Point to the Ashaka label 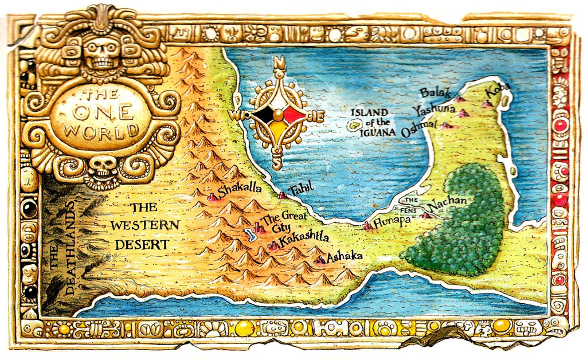pyautogui.click(x=344, y=256)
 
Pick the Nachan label pyautogui.click(x=448, y=203)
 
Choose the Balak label pyautogui.click(x=431, y=92)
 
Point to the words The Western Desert pyautogui.click(x=144, y=226)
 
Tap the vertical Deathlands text pyautogui.click(x=62, y=249)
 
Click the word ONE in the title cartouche pyautogui.click(x=101, y=112)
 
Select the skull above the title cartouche pyautogui.click(x=102, y=53)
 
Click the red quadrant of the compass pyautogui.click(x=293, y=116)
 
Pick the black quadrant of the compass pyautogui.click(x=264, y=116)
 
